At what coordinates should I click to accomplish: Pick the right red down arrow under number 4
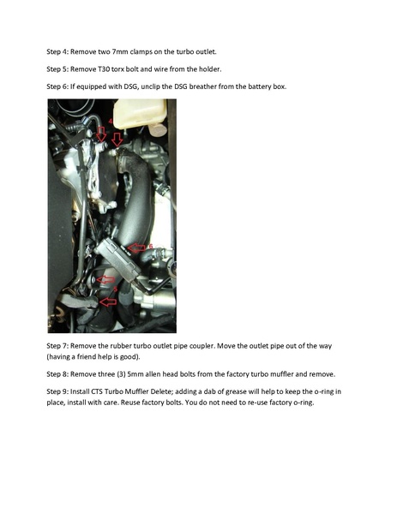coord(117,139)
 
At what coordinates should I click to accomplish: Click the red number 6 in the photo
coord(150,246)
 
